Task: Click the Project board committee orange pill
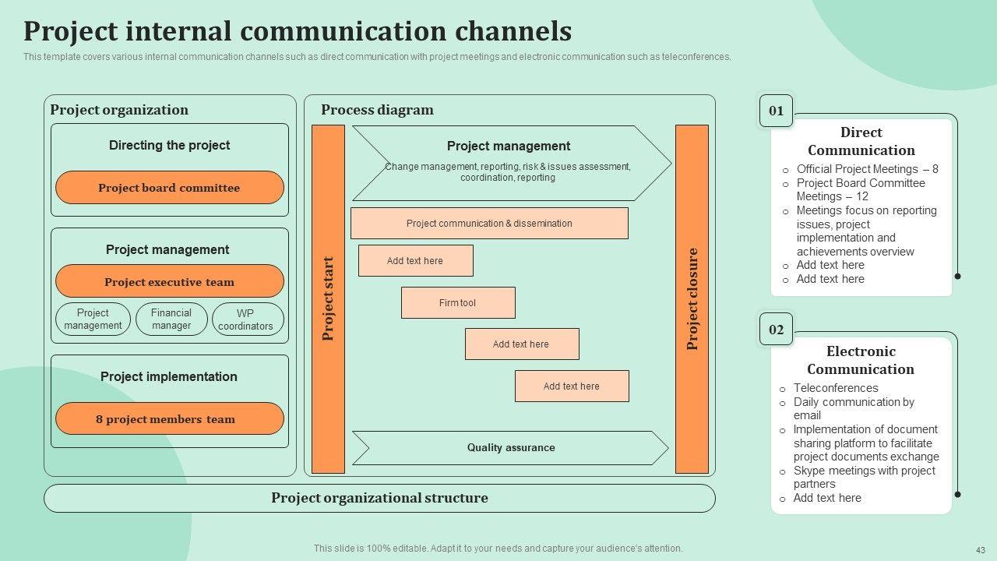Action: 169,188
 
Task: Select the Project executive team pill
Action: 169,282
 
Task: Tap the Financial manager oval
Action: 171,319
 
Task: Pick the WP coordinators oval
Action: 245,319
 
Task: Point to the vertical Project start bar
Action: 328,299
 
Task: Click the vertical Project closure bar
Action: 692,299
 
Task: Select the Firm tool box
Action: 458,303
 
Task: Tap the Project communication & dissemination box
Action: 489,224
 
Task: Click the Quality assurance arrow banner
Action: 511,448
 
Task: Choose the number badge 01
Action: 777,111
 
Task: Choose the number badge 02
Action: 777,330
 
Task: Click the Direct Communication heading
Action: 861,142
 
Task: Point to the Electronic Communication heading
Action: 861,361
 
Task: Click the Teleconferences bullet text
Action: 835,388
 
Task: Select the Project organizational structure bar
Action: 379,499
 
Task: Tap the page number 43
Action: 981,549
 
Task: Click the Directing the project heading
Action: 169,145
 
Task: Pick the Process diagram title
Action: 377,110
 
